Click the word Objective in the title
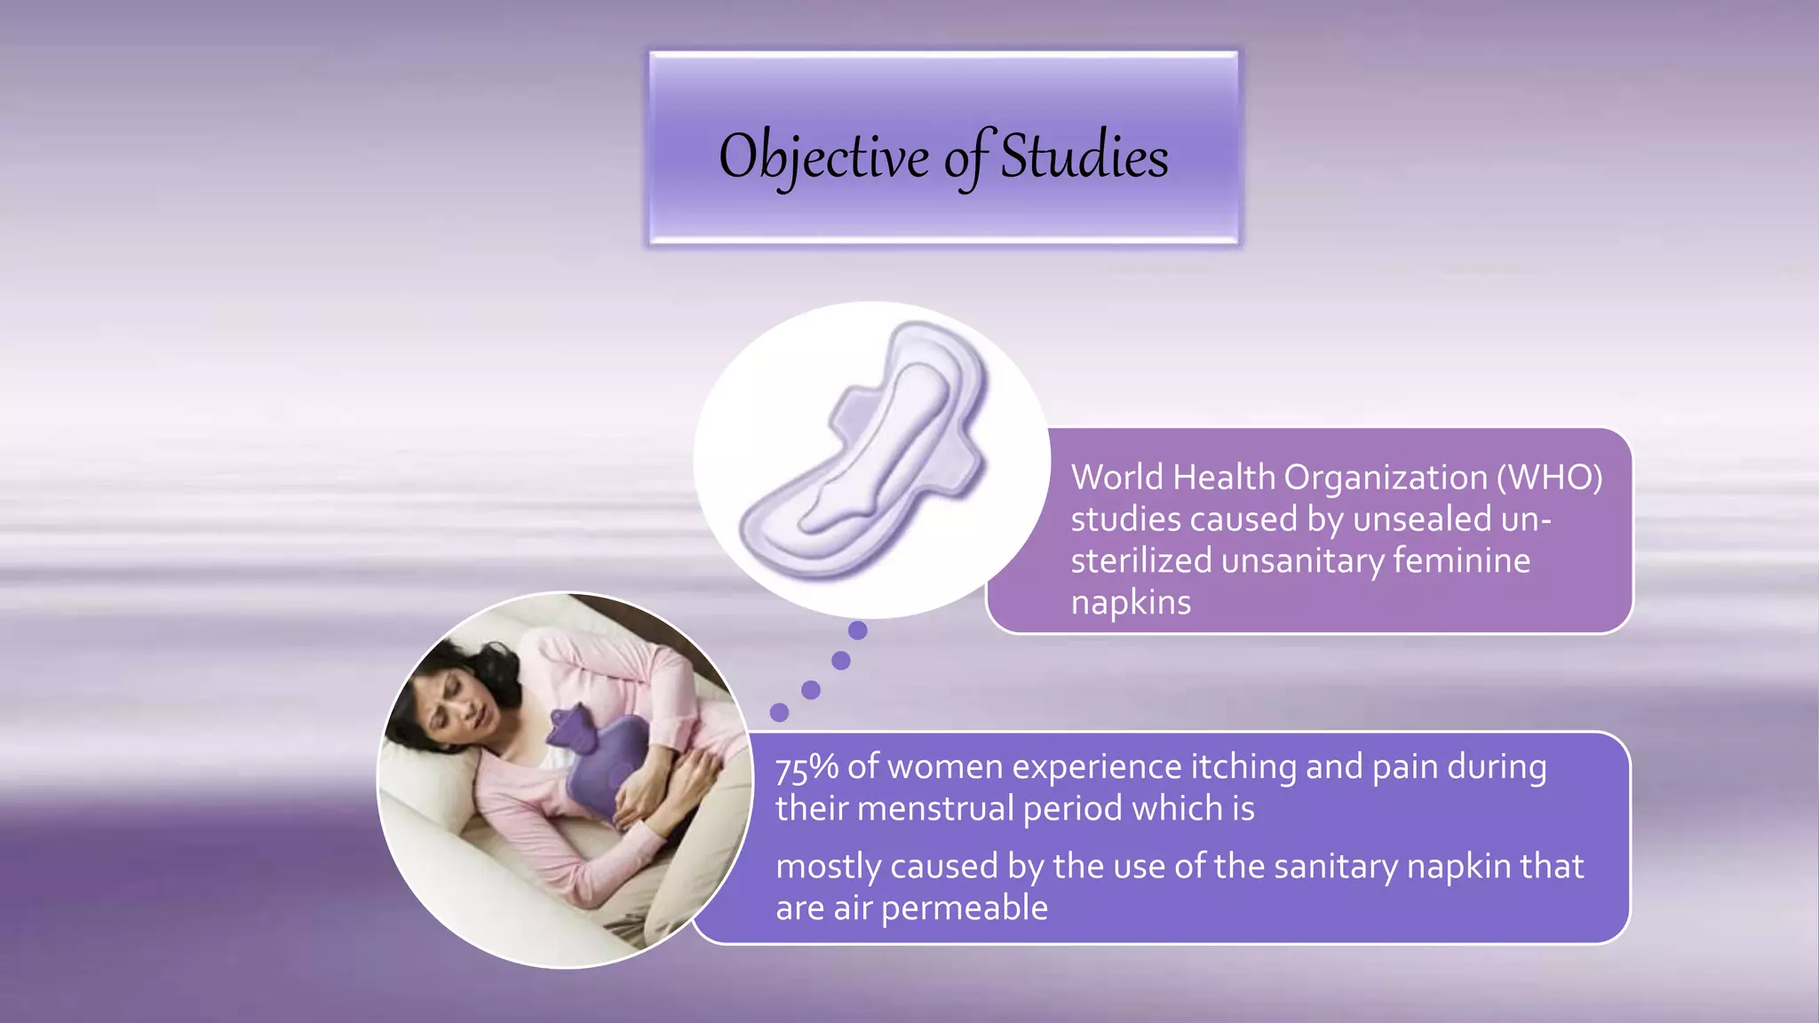pyautogui.click(x=823, y=157)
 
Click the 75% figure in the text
pyautogui.click(x=806, y=767)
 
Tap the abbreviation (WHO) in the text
pyautogui.click(x=1549, y=478)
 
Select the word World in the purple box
pyautogui.click(x=1116, y=478)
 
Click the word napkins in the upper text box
pyautogui.click(x=1131, y=603)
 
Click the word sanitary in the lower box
pyautogui.click(x=1335, y=867)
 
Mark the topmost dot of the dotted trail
pyautogui.click(x=857, y=630)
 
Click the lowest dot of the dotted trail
pyautogui.click(x=779, y=712)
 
